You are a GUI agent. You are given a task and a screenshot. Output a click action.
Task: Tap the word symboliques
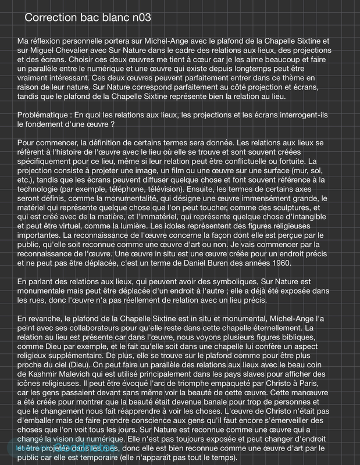point(238,282)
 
